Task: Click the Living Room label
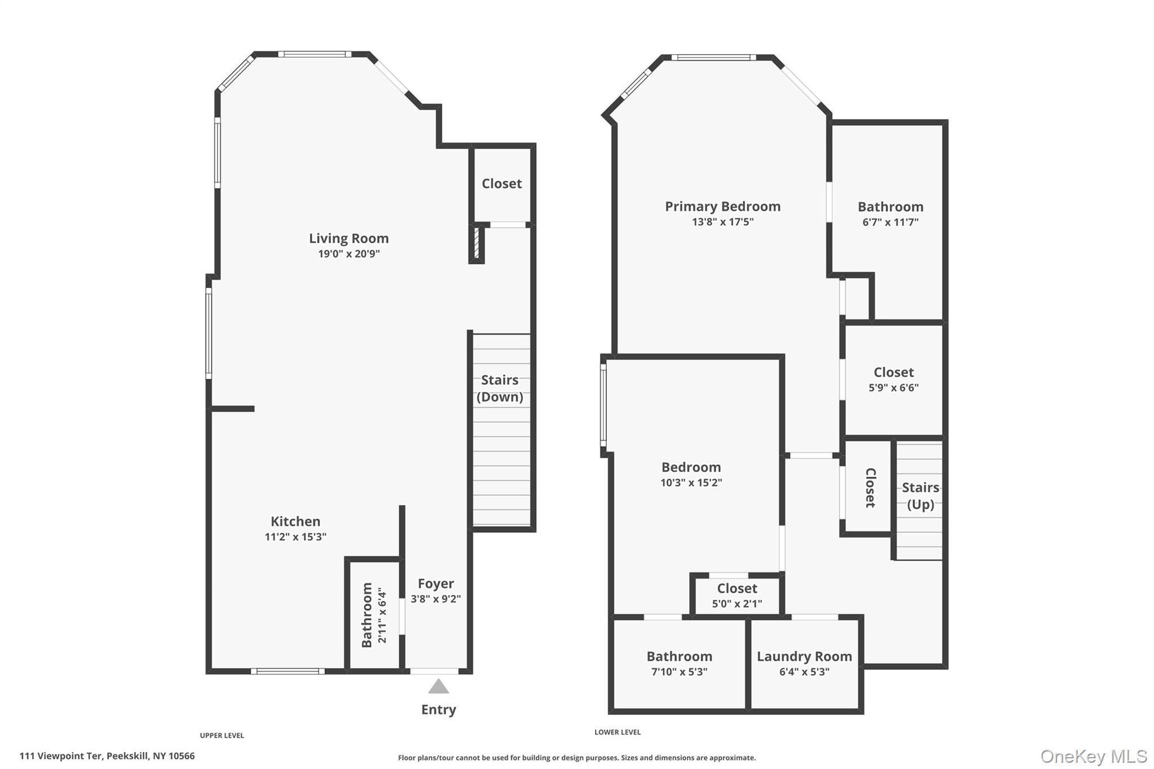348,238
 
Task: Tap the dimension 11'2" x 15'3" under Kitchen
295,537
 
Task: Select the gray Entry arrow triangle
438,686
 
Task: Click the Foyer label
436,584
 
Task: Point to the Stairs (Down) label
500,388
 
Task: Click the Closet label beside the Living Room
501,184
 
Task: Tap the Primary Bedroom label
722,207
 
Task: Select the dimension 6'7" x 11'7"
890,222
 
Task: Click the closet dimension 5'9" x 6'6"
894,388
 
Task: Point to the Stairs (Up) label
920,496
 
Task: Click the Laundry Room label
804,656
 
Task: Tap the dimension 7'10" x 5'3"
679,672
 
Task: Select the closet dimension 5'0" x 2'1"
737,604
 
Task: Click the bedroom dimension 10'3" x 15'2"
691,483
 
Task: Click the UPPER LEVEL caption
221,735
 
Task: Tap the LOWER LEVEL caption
618,732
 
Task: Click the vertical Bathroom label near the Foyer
367,615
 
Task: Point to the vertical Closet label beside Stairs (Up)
870,488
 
